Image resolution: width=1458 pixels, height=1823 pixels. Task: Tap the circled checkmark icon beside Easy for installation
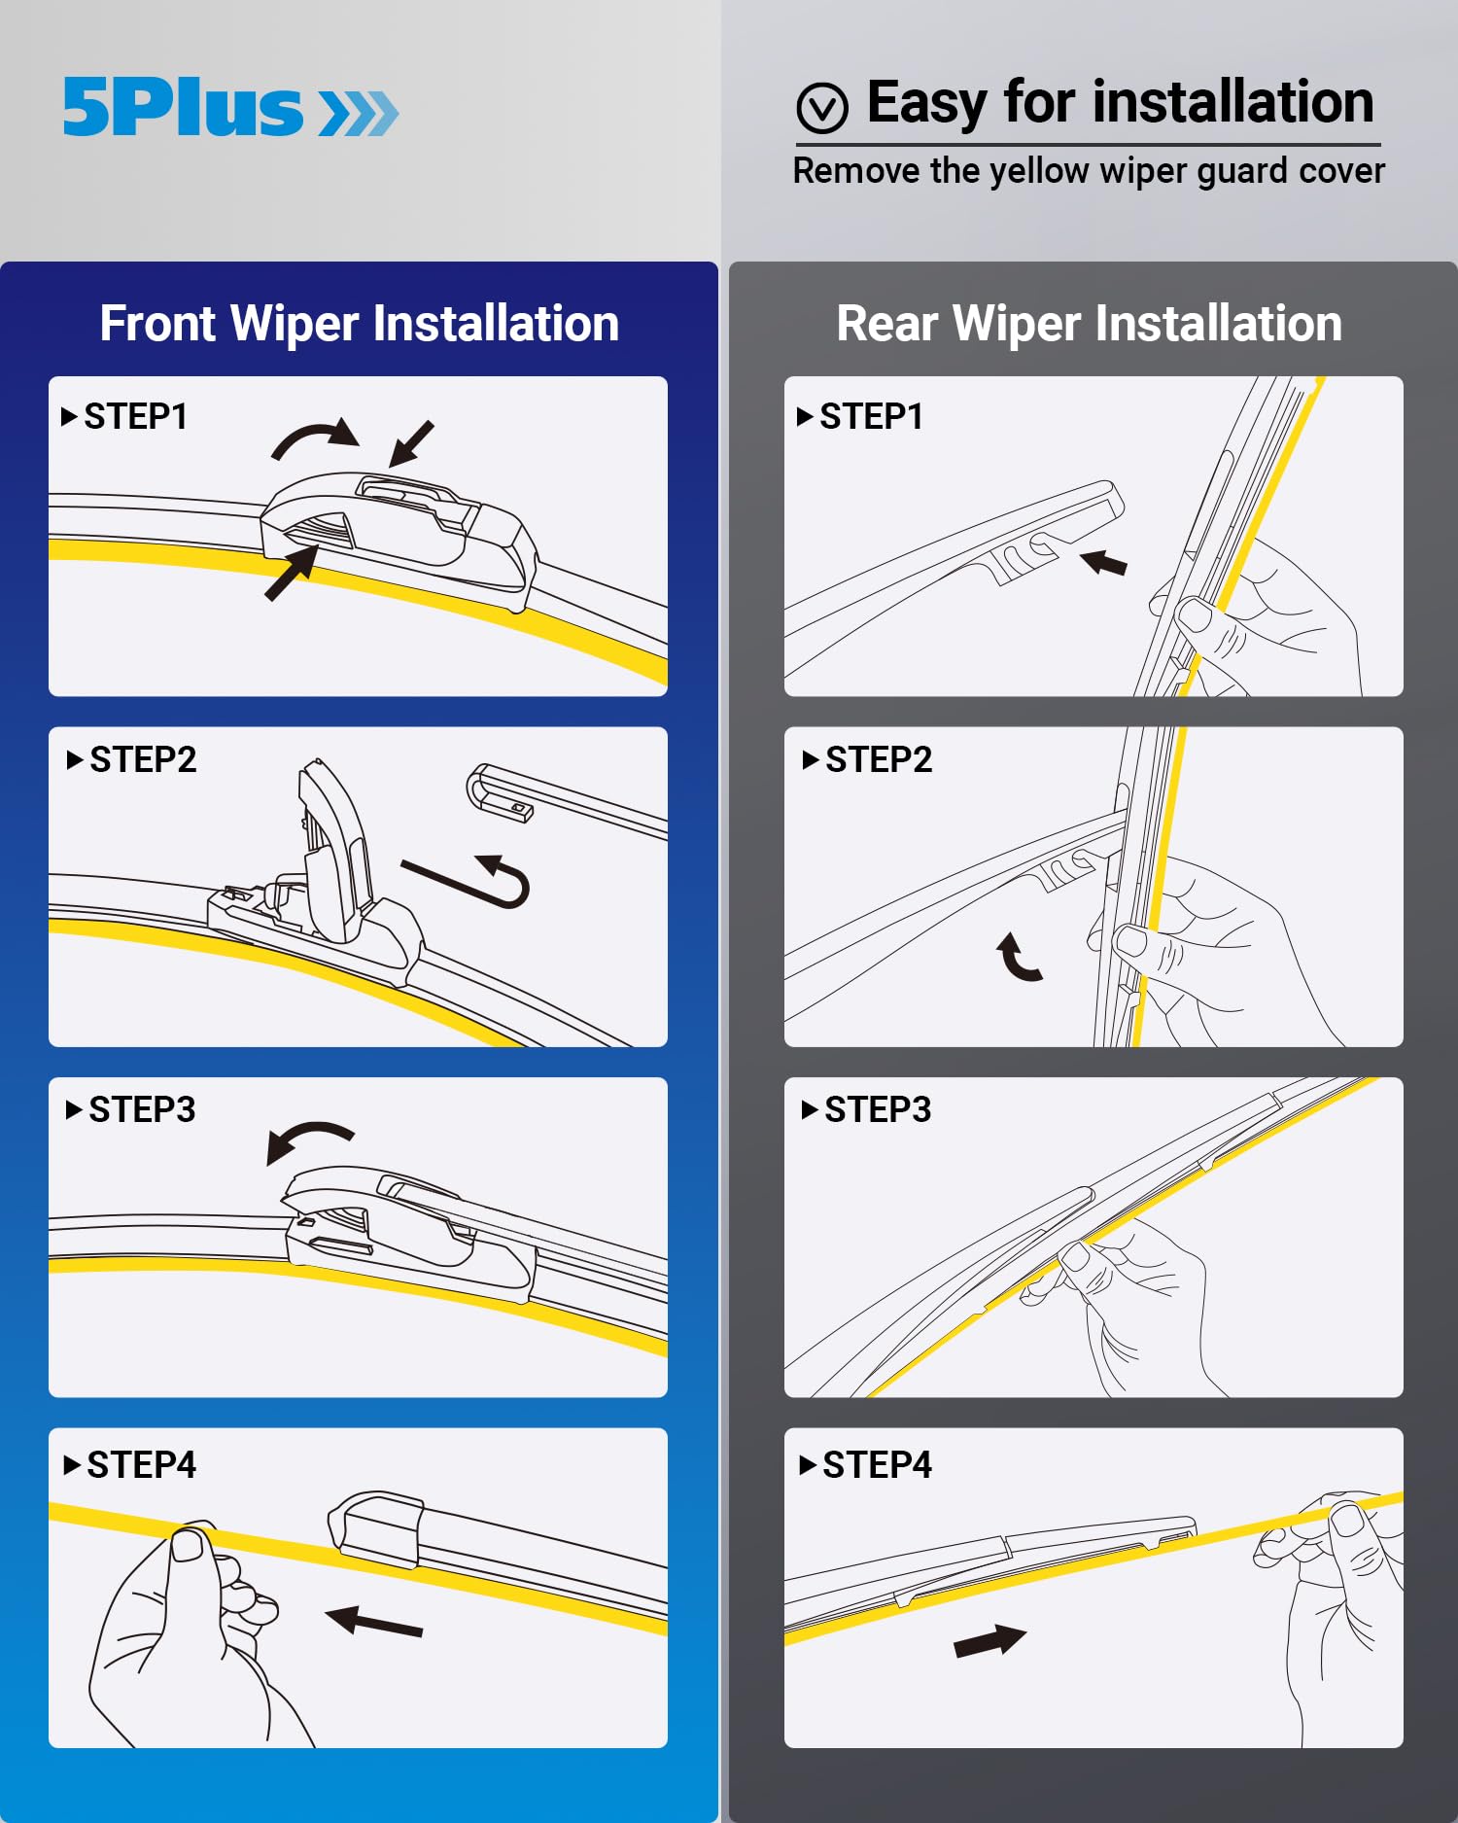[x=822, y=108]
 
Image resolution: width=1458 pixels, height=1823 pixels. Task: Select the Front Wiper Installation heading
[x=359, y=324]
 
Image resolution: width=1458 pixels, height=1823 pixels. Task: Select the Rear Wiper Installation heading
[x=1089, y=324]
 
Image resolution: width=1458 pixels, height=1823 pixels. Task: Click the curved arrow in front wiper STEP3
[x=309, y=1139]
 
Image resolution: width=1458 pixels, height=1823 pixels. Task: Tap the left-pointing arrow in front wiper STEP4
[x=374, y=1622]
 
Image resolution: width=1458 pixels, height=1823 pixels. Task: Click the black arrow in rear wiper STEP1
[x=1104, y=562]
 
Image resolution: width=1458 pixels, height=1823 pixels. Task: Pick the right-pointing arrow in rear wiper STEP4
[x=989, y=1641]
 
